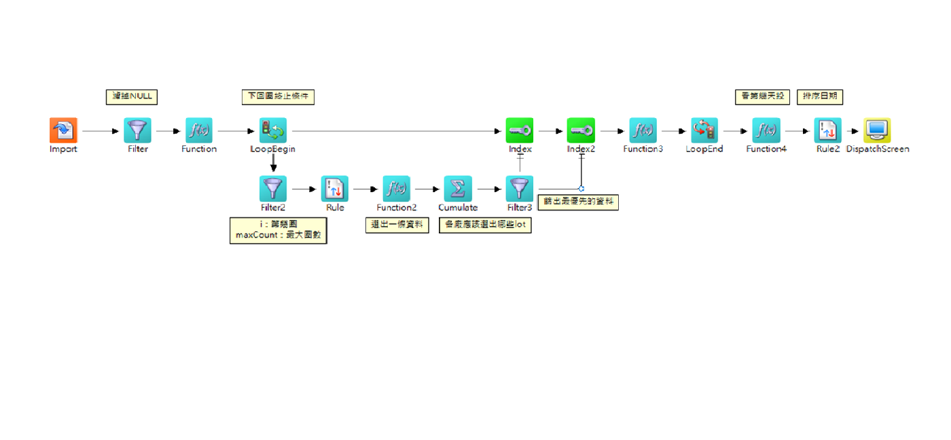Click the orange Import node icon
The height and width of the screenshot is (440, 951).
pyautogui.click(x=63, y=130)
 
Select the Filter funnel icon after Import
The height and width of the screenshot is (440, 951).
pyautogui.click(x=137, y=130)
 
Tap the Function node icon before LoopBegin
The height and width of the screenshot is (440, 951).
pyautogui.click(x=199, y=130)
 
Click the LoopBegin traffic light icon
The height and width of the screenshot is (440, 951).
pyautogui.click(x=272, y=130)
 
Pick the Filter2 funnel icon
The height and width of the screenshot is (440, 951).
pyautogui.click(x=272, y=188)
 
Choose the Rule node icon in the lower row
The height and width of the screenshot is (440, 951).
pyautogui.click(x=335, y=188)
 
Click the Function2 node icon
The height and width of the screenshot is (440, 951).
pyautogui.click(x=396, y=188)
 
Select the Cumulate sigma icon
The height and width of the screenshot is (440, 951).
pyautogui.click(x=458, y=188)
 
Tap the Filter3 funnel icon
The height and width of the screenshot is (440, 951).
pyautogui.click(x=520, y=188)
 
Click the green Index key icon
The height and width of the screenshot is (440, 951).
pyautogui.click(x=520, y=130)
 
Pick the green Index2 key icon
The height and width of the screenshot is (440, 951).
pyautogui.click(x=581, y=130)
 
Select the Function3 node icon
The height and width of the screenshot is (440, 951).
pyautogui.click(x=643, y=130)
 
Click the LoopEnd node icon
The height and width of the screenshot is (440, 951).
pyautogui.click(x=704, y=130)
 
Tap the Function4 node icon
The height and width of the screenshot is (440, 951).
pyautogui.click(x=766, y=130)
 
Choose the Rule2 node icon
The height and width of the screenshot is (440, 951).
pyautogui.click(x=828, y=130)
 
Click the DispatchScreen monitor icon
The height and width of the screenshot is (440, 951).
pyautogui.click(x=877, y=130)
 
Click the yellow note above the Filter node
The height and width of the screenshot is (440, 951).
pyautogui.click(x=132, y=97)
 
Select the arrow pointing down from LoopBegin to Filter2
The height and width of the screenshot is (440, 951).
pyautogui.click(x=273, y=163)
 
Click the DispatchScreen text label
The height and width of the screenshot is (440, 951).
pyautogui.click(x=878, y=149)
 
